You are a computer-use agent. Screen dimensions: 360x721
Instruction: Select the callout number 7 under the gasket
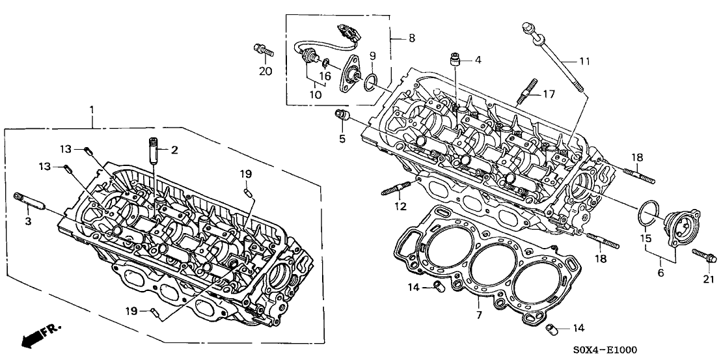(x=479, y=316)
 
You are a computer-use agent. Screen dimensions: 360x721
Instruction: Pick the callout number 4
(x=478, y=60)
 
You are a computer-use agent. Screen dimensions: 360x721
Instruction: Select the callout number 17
(x=549, y=93)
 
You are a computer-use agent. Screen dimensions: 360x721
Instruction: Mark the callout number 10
(x=316, y=95)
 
